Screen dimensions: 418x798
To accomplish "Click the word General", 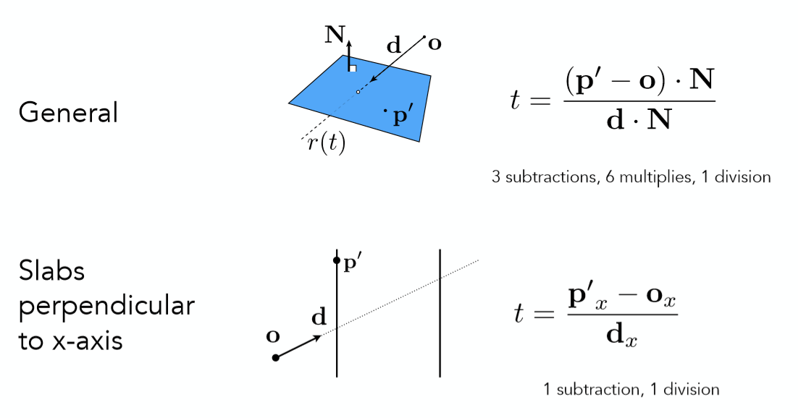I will [68, 113].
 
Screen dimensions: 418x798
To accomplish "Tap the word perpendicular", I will [106, 306].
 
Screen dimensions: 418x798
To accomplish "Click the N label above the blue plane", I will [334, 34].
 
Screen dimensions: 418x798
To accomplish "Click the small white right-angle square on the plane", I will [352, 68].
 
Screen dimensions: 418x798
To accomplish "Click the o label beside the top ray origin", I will [434, 43].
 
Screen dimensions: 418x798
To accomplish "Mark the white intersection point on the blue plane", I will [358, 92].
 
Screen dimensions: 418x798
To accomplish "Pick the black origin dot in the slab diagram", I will [275, 358].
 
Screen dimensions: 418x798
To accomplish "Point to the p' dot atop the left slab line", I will [337, 260].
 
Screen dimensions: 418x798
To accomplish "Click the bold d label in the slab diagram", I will [319, 316].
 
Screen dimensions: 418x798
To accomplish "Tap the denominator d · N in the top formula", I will [638, 119].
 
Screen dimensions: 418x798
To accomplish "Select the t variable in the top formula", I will [516, 99].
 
